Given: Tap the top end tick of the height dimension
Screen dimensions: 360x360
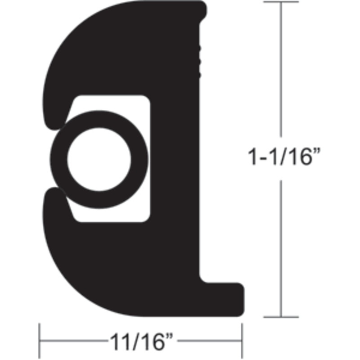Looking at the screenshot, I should tap(281, 2).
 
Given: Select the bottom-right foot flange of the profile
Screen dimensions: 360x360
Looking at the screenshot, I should tap(225, 297).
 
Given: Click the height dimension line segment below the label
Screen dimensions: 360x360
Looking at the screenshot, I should tap(281, 247).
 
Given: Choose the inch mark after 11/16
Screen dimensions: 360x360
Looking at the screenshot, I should tap(170, 337).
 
